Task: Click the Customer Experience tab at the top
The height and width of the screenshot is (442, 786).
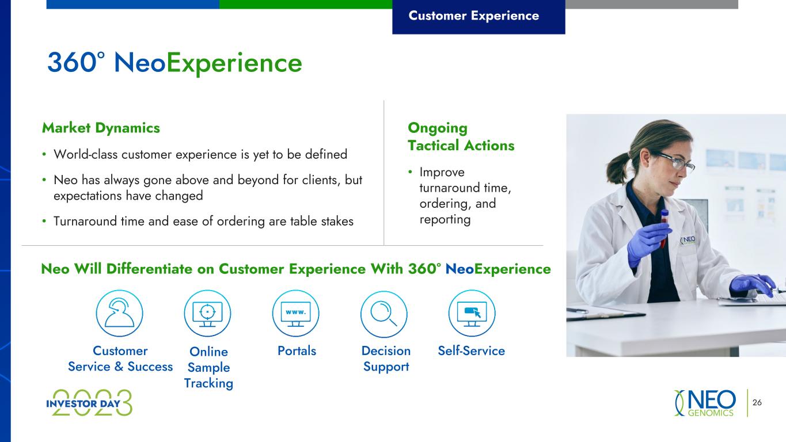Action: (479, 17)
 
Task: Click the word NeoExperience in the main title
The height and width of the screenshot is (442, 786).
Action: (208, 63)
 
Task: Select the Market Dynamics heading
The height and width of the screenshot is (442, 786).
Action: (101, 128)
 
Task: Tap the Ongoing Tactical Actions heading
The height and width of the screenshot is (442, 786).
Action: (461, 136)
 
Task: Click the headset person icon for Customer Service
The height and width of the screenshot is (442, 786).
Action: (120, 313)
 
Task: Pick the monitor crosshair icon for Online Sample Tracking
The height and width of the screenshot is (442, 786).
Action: (207, 313)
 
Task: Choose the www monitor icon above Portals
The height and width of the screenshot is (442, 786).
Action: (296, 313)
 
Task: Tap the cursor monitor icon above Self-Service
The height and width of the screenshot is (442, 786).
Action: (472, 313)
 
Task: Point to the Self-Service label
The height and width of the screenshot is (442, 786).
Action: (471, 351)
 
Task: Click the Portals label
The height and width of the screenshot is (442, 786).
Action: (297, 351)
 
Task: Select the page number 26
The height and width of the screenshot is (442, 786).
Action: (757, 402)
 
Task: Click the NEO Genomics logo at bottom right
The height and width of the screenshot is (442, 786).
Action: (705, 403)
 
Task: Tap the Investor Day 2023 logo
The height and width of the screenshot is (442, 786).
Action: (89, 403)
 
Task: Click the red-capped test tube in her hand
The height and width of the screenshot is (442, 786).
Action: (664, 228)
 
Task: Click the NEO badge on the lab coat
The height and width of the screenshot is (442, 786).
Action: (688, 241)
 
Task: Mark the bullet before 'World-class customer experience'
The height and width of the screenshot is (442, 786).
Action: (44, 154)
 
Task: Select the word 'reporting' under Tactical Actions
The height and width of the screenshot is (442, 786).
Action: (445, 220)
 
